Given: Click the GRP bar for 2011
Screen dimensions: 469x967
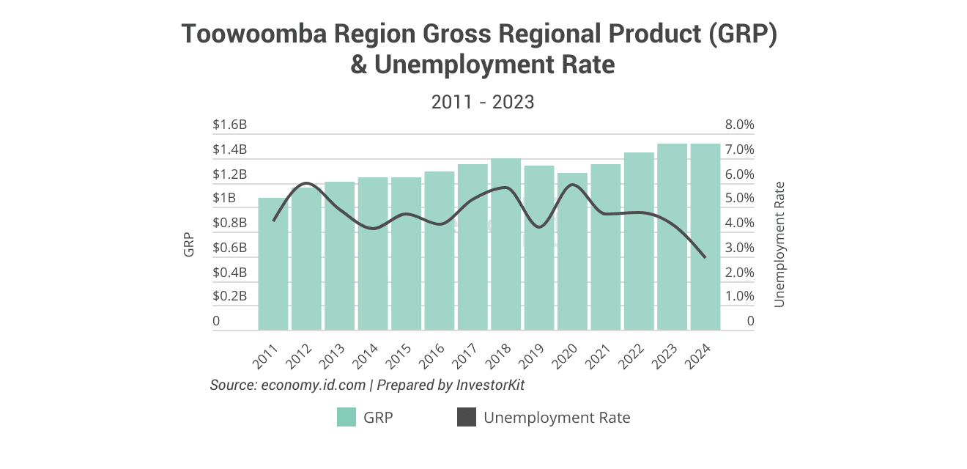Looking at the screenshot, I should [x=273, y=264].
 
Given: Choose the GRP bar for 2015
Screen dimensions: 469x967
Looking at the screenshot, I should [x=406, y=254].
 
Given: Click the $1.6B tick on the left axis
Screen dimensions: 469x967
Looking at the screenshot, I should [x=229, y=125].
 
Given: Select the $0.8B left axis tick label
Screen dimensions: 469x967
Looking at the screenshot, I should [x=229, y=224].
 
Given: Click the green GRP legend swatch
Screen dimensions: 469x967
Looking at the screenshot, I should [x=347, y=418].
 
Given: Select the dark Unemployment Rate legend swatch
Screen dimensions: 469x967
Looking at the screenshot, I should [x=467, y=418].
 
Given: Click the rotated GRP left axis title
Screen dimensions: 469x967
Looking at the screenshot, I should [x=189, y=245].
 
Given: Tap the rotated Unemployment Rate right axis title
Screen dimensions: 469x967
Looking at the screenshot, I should [x=779, y=244].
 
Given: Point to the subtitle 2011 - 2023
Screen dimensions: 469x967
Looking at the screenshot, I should [x=483, y=102].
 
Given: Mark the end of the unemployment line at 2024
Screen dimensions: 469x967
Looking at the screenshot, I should [x=705, y=257].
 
